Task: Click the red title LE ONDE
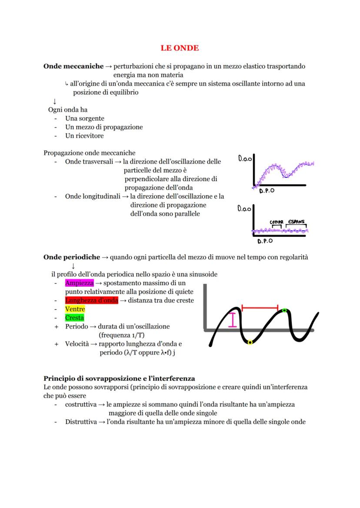click(x=180, y=48)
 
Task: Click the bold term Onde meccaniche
click(x=73, y=66)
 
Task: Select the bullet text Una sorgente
click(x=84, y=119)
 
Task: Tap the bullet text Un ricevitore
click(x=84, y=136)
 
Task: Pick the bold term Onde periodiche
click(x=72, y=257)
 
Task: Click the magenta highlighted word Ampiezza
click(x=79, y=283)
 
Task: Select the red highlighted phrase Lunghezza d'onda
click(x=91, y=300)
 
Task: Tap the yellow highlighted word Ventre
click(x=75, y=309)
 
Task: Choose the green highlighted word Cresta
click(x=74, y=318)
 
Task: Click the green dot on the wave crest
click(x=284, y=310)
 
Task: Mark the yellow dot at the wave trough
click(x=250, y=342)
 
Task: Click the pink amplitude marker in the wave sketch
click(x=234, y=320)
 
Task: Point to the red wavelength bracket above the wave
click(x=260, y=308)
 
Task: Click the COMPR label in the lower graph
click(x=277, y=222)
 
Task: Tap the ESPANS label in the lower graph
click(x=296, y=222)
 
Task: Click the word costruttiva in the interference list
click(x=80, y=405)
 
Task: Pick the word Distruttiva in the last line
click(x=80, y=422)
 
